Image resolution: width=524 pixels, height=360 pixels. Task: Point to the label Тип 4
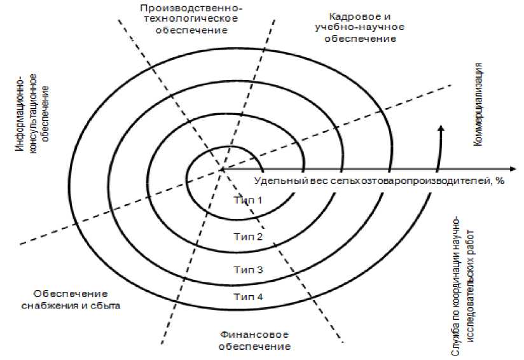(x=248, y=296)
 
